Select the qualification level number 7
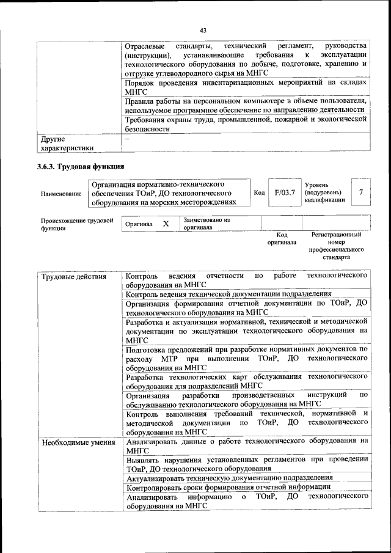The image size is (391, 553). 361,192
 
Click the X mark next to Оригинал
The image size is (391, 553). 166,224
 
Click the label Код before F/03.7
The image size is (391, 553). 259,192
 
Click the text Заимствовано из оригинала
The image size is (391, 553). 206,223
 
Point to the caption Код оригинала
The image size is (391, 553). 282,238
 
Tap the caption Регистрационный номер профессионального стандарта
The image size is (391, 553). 335,246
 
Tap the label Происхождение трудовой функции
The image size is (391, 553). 77,224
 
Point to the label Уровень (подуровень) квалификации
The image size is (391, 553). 324,192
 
